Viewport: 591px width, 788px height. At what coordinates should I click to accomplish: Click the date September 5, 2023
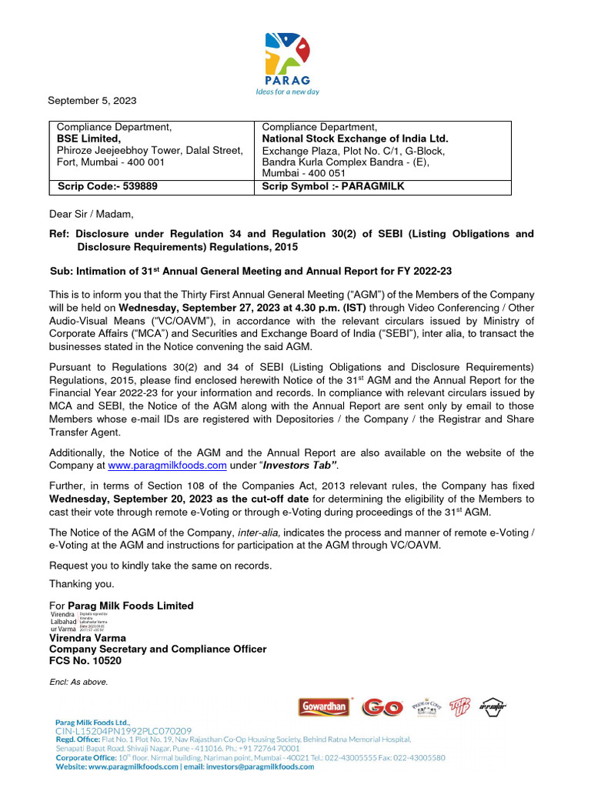[92, 101]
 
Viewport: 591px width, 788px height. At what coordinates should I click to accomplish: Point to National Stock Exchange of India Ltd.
[355, 139]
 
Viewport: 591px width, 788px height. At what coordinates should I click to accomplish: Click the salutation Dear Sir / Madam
[92, 214]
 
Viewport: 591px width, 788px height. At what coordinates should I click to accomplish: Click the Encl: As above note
[78, 682]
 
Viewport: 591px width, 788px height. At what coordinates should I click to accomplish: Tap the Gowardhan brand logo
[324, 707]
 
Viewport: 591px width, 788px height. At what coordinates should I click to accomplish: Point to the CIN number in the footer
[123, 730]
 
